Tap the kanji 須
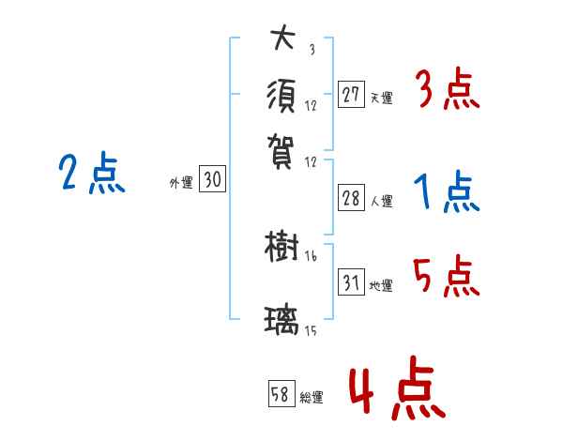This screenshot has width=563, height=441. click(282, 95)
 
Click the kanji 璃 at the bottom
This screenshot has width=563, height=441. click(282, 322)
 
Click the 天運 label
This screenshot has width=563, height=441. click(382, 98)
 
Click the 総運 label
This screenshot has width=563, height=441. click(312, 397)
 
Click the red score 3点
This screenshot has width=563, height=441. click(447, 92)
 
